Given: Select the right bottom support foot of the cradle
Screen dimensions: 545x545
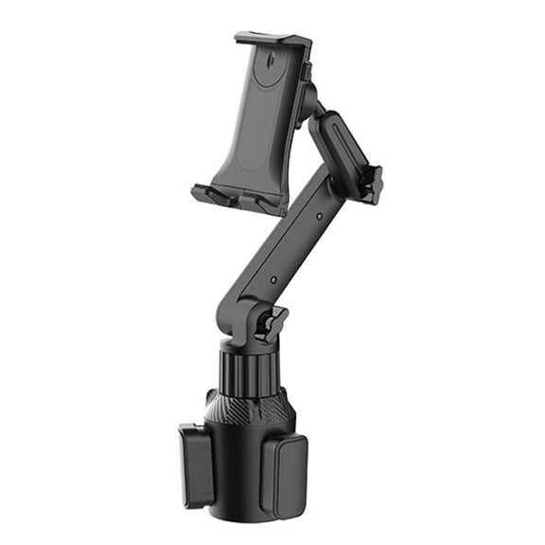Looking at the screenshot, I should [261, 201].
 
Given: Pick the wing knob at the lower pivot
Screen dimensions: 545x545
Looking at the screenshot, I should [272, 323].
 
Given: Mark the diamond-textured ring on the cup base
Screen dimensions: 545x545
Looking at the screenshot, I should [248, 407].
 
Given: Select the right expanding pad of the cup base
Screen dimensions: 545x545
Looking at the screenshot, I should [284, 474].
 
